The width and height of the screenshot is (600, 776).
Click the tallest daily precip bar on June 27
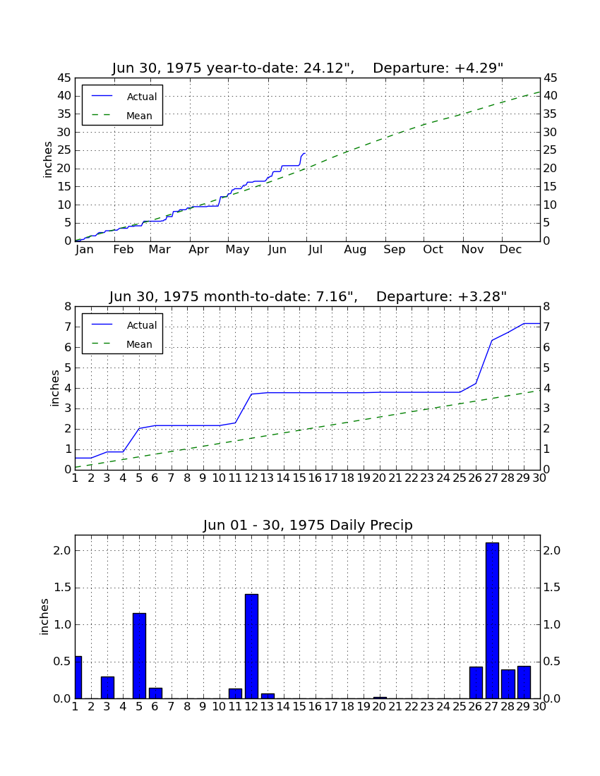[x=492, y=621]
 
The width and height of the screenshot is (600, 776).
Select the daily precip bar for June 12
[x=251, y=646]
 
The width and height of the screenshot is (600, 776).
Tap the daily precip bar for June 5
[x=139, y=656]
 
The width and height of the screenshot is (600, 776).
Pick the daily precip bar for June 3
[x=107, y=687]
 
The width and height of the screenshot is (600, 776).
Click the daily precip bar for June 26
[x=476, y=682]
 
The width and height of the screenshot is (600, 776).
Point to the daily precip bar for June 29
[x=524, y=682]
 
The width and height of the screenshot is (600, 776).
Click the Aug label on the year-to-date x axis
[x=356, y=250]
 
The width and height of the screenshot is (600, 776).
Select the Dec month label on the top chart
[x=510, y=250]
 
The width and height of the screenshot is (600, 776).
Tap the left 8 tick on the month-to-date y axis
[x=68, y=306]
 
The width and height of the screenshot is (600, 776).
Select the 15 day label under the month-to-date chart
[x=299, y=478]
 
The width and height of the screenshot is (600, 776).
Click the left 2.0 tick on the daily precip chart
[x=62, y=551]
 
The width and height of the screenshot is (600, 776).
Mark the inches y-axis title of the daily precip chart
[x=44, y=617]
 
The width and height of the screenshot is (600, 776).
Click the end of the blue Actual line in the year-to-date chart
[x=305, y=153]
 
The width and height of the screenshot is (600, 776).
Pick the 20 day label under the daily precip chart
[x=379, y=707]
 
